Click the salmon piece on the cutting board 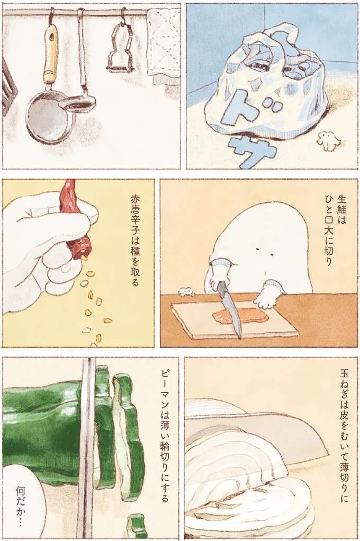pyautogui.click(x=241, y=316)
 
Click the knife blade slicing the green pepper pyautogui.click(x=86, y=445)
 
